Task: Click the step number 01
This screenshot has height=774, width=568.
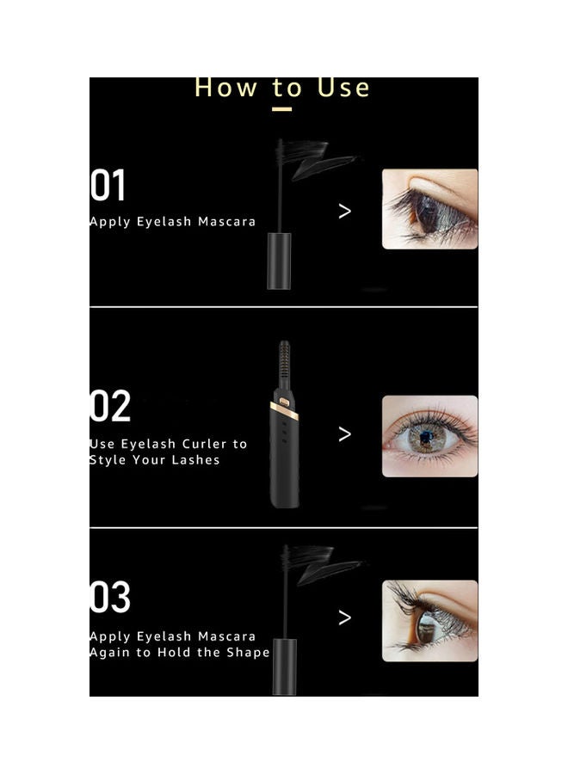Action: click(108, 185)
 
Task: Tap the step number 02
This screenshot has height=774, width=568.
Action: click(110, 406)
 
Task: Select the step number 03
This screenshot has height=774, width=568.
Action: click(110, 598)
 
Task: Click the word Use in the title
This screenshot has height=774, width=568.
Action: click(343, 88)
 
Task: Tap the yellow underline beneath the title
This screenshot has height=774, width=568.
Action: click(281, 109)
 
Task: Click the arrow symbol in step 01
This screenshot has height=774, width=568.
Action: click(345, 211)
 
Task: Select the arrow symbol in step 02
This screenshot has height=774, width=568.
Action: click(345, 433)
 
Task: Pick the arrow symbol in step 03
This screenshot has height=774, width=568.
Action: click(345, 617)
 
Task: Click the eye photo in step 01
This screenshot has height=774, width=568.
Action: click(429, 209)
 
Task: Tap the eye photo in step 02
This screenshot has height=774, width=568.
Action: click(429, 435)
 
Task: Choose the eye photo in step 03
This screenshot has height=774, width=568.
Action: click(429, 620)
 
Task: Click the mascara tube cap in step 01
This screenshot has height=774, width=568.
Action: click(279, 261)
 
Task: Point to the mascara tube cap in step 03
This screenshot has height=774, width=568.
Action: click(284, 666)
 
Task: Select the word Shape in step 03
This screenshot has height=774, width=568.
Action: click(248, 652)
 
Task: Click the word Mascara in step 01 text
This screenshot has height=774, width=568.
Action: click(227, 222)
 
